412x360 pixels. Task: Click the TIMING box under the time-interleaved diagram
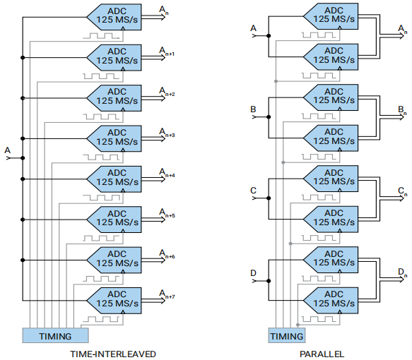(x=55, y=335)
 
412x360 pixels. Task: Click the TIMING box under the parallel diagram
(x=287, y=335)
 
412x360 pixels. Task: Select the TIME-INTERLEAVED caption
(x=113, y=354)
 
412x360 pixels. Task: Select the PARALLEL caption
(x=322, y=354)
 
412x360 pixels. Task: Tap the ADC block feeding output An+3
(x=114, y=138)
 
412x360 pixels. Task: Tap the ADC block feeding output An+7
(x=114, y=301)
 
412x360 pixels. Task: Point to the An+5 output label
(x=167, y=212)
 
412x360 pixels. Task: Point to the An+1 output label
(x=167, y=51)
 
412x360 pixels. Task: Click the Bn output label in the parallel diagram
(x=402, y=110)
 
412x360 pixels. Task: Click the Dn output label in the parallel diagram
(x=402, y=272)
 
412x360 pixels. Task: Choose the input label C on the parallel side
(x=253, y=191)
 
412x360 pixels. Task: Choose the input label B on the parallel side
(x=253, y=109)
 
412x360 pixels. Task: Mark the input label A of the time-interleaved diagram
(x=7, y=150)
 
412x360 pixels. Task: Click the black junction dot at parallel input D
(x=269, y=281)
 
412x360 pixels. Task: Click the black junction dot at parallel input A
(x=269, y=36)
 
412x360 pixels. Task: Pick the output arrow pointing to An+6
(x=153, y=260)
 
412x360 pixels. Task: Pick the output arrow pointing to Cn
(x=392, y=198)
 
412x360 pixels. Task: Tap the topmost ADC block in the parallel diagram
(x=331, y=16)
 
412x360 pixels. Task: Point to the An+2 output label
(x=167, y=92)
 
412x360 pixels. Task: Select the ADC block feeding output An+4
(x=114, y=179)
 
